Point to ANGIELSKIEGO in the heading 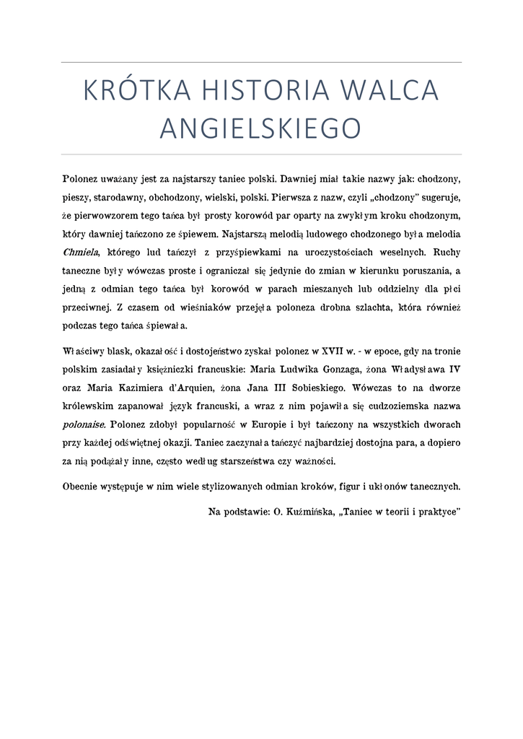260,128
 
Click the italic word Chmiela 80,253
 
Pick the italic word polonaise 85,424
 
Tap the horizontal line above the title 261,63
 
